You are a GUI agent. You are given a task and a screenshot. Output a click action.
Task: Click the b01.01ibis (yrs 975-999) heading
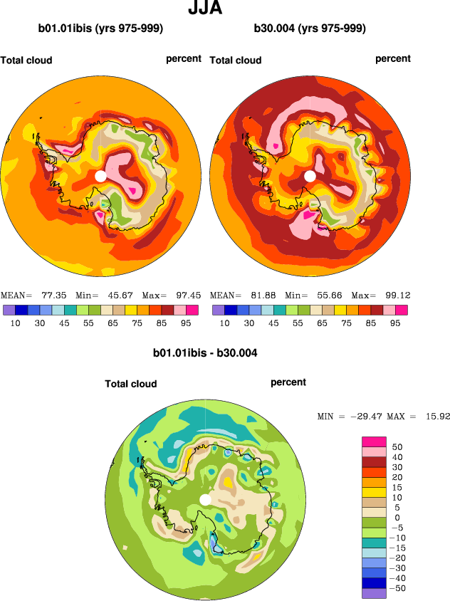click(101, 29)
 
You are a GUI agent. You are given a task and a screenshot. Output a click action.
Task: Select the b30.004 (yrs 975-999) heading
click(310, 29)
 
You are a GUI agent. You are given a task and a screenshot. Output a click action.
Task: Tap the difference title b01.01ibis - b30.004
click(205, 352)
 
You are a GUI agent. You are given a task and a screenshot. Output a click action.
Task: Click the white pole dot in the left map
click(100, 175)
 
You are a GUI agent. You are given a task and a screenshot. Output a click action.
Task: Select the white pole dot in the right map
click(310, 175)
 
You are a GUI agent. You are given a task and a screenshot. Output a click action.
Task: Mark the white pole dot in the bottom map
click(205, 499)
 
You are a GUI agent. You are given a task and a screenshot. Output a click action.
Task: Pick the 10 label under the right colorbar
click(225, 323)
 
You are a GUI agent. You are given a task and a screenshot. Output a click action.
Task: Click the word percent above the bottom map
click(288, 382)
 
